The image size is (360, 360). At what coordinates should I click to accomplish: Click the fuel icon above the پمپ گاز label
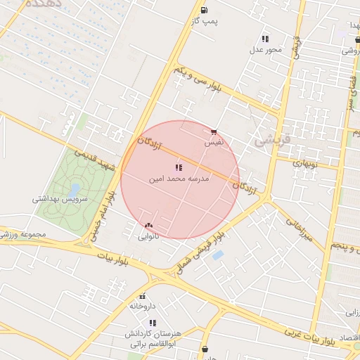(x=204, y=10)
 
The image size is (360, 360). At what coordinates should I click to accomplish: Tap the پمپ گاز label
(x=205, y=22)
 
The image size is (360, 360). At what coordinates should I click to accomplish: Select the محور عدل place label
(x=265, y=50)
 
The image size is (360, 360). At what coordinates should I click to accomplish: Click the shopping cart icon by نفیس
(x=214, y=131)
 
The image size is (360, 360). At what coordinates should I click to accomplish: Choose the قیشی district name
(x=266, y=140)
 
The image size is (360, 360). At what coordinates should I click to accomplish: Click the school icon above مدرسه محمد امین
(x=177, y=167)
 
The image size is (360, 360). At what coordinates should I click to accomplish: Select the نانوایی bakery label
(x=149, y=236)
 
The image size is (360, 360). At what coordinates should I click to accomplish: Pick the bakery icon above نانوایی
(x=148, y=225)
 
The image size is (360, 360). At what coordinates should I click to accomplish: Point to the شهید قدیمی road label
(x=96, y=158)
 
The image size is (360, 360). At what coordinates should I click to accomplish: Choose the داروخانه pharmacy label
(x=141, y=307)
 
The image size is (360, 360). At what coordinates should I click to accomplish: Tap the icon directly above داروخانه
(x=143, y=296)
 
